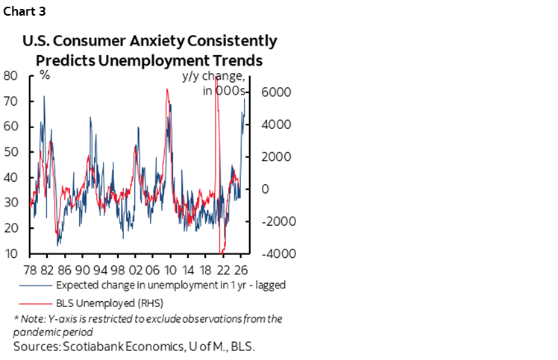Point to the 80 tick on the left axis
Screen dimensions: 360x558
pyautogui.click(x=10, y=75)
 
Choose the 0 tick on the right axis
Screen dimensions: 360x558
pyautogui.click(x=263, y=189)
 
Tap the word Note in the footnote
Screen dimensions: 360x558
pyautogui.click(x=34, y=319)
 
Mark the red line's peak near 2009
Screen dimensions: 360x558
pyautogui.click(x=166, y=89)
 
